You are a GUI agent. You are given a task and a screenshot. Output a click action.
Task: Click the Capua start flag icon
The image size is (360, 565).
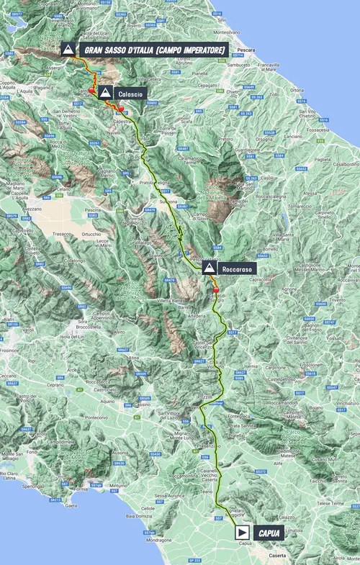click(243, 532)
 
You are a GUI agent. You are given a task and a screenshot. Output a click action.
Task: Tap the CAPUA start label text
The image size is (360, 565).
click(267, 532)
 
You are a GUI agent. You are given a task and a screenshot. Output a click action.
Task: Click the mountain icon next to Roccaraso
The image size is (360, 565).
click(209, 268)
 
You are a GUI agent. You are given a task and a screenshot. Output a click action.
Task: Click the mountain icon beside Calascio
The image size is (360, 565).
click(106, 92)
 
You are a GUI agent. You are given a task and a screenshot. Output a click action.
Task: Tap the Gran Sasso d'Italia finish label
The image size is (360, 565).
click(155, 50)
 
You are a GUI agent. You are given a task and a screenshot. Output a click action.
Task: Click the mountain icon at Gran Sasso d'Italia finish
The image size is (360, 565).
click(68, 50)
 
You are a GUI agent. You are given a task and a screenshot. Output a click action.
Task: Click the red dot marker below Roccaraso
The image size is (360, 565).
click(215, 291)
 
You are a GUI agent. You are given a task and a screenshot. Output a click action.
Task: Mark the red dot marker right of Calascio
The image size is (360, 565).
click(122, 109)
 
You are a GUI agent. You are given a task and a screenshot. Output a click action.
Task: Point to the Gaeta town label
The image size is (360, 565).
click(71, 506)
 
